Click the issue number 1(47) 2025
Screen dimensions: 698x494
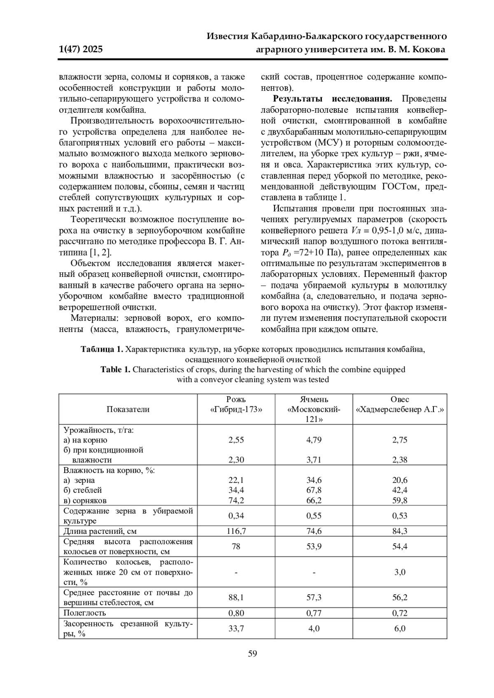(x=81, y=50)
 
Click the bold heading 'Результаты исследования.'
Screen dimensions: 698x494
(x=333, y=99)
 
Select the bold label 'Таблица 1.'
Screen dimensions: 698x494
(x=102, y=350)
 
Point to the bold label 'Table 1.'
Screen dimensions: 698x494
(x=115, y=369)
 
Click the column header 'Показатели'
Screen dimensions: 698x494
(x=128, y=409)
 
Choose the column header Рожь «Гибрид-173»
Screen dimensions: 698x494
(x=236, y=404)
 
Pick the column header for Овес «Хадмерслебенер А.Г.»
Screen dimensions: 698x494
(x=399, y=404)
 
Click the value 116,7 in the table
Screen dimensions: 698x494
(x=236, y=531)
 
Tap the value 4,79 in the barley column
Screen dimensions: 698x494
(x=314, y=440)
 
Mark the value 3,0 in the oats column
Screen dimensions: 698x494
(x=399, y=572)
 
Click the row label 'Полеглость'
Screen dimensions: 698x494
(x=84, y=613)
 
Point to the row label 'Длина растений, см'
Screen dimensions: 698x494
(x=94, y=531)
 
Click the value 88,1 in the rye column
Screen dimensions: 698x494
(x=236, y=598)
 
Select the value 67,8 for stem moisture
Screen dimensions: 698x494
(x=314, y=490)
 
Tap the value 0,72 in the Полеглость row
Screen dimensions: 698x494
(x=399, y=613)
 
